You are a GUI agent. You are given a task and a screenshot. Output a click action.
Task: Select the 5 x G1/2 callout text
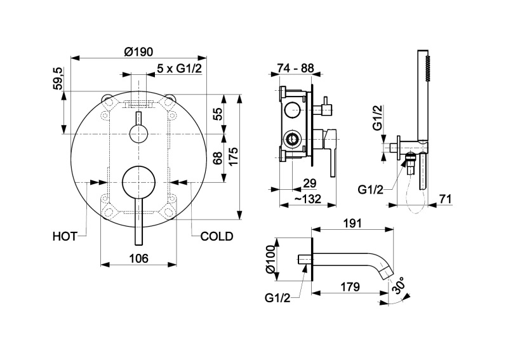point(179,69)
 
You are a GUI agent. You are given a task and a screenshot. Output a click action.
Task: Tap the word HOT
point(64,236)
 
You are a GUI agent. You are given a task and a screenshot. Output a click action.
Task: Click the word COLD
point(217,236)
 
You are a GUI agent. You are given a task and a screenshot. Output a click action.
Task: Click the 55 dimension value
point(217,114)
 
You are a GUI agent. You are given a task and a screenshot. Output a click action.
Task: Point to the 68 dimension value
point(217,159)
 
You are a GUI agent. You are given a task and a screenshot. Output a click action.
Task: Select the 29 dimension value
point(310,183)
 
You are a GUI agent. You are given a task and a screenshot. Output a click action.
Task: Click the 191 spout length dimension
point(352,223)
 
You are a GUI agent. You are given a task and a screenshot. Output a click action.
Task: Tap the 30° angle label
point(400,289)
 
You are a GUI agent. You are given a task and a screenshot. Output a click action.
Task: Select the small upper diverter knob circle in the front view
point(138,133)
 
